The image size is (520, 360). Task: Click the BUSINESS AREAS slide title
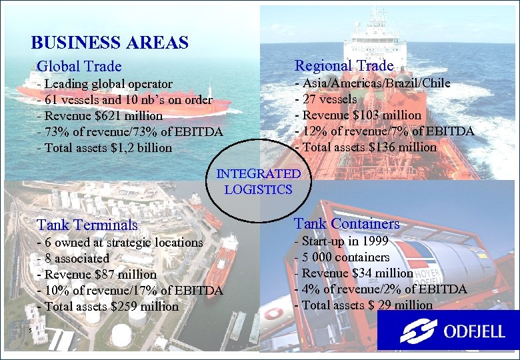click(110, 43)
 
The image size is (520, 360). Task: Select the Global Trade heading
click(79, 67)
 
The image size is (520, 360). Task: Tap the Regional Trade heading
click(344, 65)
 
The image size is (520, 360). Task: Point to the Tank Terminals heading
click(87, 225)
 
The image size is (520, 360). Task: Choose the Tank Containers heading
click(347, 223)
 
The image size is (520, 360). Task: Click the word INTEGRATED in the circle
click(259, 174)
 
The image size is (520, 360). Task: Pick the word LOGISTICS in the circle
click(259, 189)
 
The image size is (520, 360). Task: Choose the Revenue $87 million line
click(97, 275)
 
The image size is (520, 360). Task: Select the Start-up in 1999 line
click(341, 241)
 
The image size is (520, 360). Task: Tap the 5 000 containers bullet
click(342, 257)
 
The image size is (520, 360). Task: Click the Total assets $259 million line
click(108, 307)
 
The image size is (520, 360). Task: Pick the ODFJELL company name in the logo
click(472, 331)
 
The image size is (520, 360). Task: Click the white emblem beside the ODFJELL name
click(419, 331)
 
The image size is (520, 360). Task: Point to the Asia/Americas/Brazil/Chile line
click(373, 83)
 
